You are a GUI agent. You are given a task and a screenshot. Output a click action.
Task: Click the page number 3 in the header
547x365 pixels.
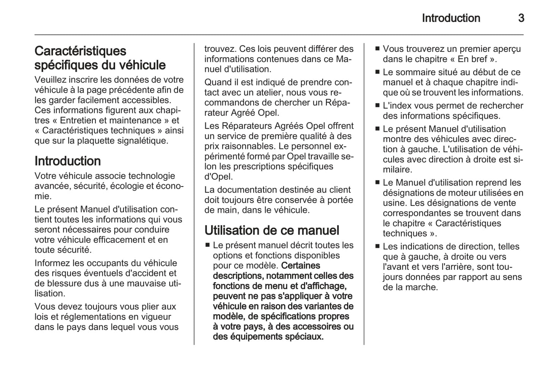[x=521, y=18]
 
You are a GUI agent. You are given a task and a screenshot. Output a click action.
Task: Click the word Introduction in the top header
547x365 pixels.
[x=451, y=18]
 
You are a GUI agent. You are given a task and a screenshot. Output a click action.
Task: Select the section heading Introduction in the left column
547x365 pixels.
[x=67, y=161]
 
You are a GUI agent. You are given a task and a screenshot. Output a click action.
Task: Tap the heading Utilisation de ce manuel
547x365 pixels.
[x=272, y=230]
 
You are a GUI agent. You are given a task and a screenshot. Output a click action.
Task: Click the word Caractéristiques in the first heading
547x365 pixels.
[x=80, y=51]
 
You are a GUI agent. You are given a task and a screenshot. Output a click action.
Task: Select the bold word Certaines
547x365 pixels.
[x=301, y=266]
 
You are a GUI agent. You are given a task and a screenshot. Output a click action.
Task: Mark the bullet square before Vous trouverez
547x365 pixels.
[x=377, y=49]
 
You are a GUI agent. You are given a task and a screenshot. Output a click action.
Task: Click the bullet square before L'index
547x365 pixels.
[x=377, y=106]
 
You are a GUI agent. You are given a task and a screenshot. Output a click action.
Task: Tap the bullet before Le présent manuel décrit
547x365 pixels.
[x=207, y=245]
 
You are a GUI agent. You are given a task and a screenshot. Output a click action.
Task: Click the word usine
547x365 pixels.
[x=394, y=203]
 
